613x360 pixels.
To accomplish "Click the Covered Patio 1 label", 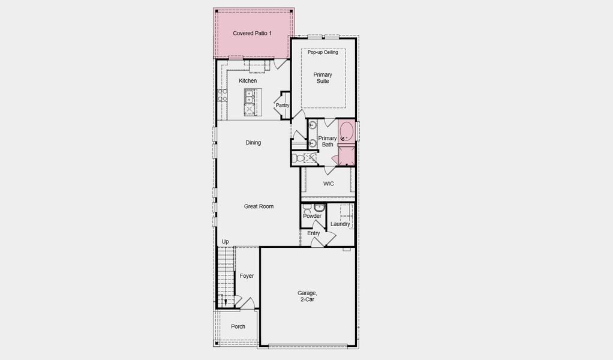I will (252, 33).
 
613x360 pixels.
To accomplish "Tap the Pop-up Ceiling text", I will (323, 53).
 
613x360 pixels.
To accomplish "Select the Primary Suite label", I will (323, 78).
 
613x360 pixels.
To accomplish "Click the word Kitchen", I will (248, 80).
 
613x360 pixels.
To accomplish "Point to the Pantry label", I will (283, 106).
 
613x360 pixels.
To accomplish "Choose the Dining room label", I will (253, 143).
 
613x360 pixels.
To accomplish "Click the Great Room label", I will (259, 206).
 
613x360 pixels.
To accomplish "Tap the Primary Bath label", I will (327, 141).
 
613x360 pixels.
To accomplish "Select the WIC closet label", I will (328, 184).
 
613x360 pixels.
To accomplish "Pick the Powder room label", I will (312, 216).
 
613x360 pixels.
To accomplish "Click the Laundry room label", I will (340, 224).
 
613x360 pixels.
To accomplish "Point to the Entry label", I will (313, 233).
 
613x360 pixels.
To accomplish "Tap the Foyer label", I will (247, 276).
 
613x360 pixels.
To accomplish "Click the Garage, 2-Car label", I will (307, 296).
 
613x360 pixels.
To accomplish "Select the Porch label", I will (238, 327).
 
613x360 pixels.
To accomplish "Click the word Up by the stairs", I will (226, 242).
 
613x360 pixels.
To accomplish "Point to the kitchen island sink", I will (249, 96).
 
